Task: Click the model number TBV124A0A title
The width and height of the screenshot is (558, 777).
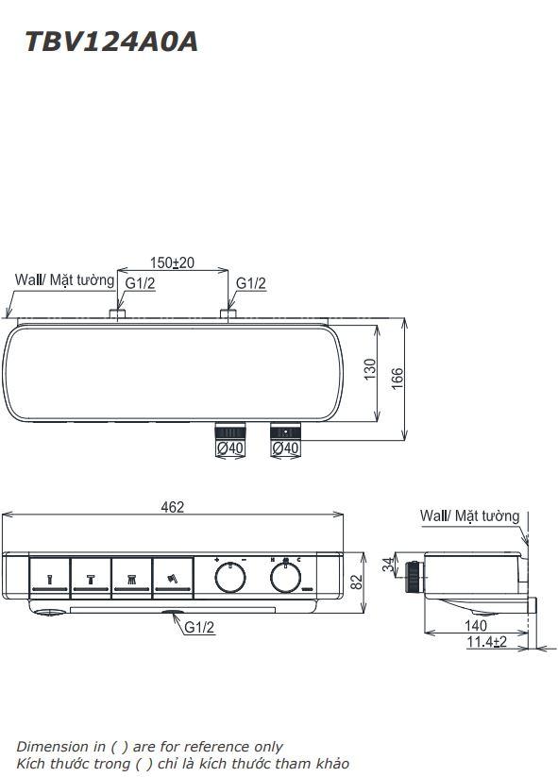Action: point(111,42)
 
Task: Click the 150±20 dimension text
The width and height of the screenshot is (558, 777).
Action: point(172,262)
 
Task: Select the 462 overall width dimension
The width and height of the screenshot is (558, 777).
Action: point(172,507)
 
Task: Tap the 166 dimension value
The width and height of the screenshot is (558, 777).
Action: point(397,377)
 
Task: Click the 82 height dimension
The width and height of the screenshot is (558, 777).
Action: point(356,583)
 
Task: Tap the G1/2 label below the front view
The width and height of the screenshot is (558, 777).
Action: point(199,627)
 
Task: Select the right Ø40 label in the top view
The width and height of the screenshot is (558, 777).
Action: point(284,448)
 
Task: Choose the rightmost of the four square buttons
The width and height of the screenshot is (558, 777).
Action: point(173,577)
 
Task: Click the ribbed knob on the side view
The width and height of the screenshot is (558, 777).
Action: point(414,576)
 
